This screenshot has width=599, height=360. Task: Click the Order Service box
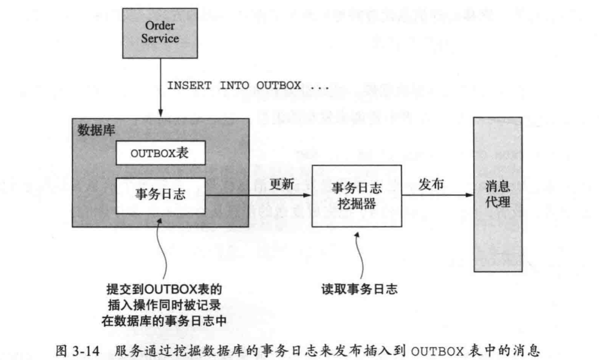point(160,33)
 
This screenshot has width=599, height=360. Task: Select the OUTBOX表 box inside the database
point(160,153)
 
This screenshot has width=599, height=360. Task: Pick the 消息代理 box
point(497,194)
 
